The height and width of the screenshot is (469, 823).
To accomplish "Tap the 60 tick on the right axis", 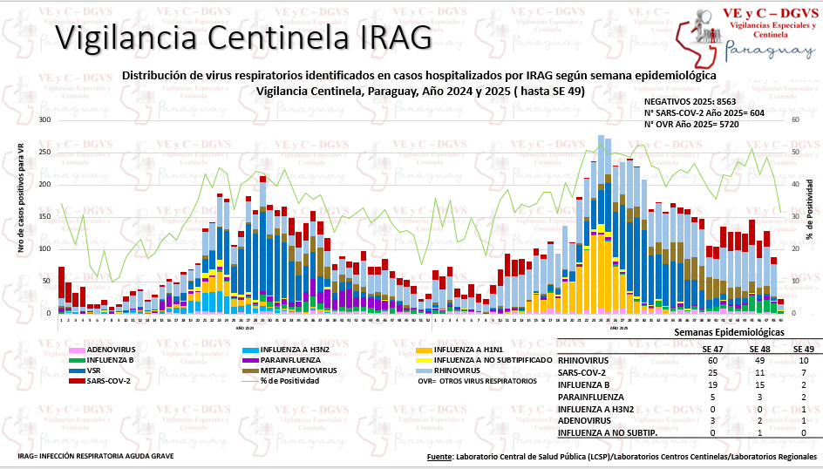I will pyautogui.click(x=795, y=119).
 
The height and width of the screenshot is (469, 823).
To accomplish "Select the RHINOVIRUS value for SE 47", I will pyautogui.click(x=713, y=360).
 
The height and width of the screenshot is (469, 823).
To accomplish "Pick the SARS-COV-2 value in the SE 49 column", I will pyautogui.click(x=803, y=372).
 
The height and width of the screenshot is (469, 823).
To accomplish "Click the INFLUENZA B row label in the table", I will pyautogui.click(x=585, y=384).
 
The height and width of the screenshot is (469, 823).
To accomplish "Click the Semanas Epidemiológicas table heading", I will pyautogui.click(x=728, y=333).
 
